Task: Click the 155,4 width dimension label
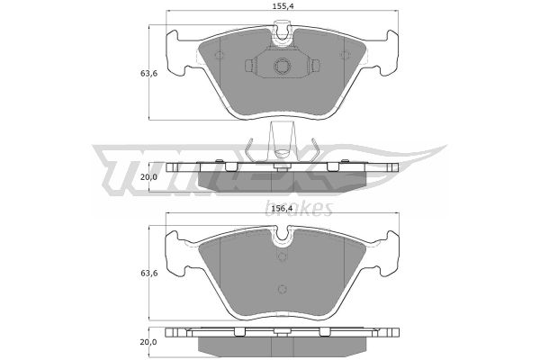(282, 6)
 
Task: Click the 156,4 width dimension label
(282, 209)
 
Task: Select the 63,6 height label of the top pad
(148, 74)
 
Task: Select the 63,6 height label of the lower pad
(148, 274)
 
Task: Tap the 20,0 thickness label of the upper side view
(148, 177)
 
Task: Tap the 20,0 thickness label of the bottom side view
(148, 342)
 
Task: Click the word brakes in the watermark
(299, 208)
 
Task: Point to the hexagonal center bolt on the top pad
(282, 66)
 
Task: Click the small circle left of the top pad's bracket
(219, 55)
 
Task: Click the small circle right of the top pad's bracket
(345, 55)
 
